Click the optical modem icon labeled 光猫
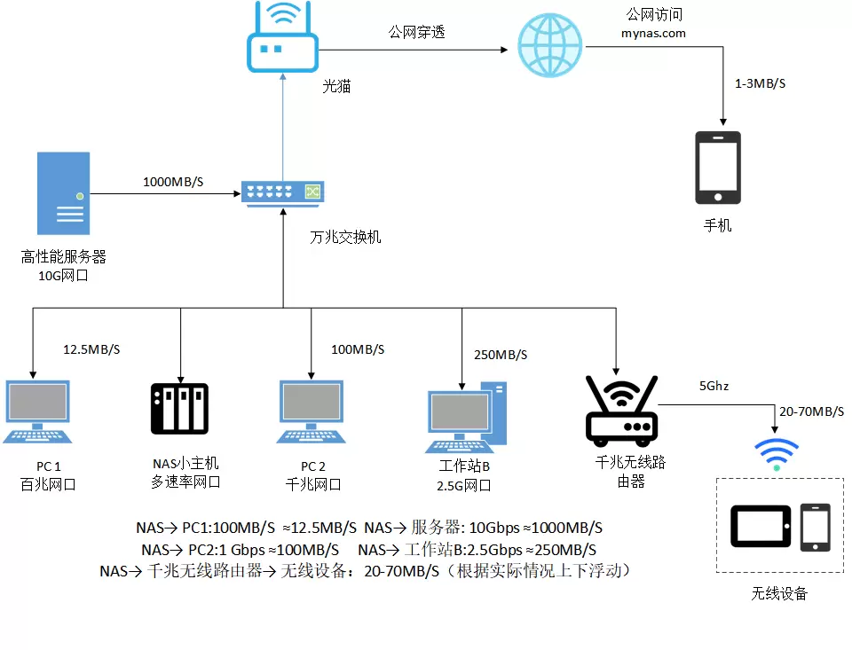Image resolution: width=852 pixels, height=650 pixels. coord(283,40)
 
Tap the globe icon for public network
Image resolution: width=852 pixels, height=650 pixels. coord(550,45)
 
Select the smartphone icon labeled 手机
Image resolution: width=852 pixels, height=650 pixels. coord(718,168)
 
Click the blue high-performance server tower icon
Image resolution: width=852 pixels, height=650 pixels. coord(64,192)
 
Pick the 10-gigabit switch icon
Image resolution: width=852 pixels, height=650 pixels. coord(283,191)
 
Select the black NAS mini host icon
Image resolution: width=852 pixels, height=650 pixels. coord(180,411)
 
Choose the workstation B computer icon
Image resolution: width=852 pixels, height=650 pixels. coord(467,416)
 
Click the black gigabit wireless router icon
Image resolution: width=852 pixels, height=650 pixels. coord(621,410)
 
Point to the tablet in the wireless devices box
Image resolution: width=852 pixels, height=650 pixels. coord(761,525)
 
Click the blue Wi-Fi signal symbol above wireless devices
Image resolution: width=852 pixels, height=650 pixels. coord(776,452)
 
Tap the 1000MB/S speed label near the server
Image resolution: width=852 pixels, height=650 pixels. coord(173,183)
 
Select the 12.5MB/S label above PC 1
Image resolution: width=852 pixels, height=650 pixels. coord(91,349)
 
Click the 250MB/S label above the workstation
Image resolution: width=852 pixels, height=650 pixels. coord(501,355)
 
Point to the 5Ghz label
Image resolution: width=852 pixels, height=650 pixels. coord(714,386)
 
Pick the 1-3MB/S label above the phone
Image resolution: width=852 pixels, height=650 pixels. coord(761,83)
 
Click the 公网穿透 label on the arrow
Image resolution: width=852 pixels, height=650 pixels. coord(416,33)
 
